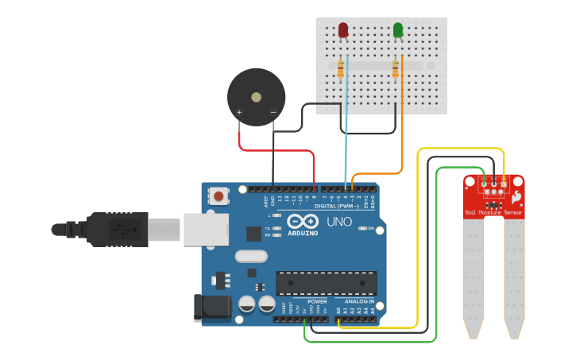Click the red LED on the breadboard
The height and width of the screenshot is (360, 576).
tap(343, 30)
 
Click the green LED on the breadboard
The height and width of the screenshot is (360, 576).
tap(398, 30)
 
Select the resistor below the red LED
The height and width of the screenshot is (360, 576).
tap(341, 69)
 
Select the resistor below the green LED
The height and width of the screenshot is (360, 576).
tap(395, 69)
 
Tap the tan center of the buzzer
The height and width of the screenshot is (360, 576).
tap(256, 97)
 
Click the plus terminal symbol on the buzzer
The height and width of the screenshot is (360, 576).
tap(239, 113)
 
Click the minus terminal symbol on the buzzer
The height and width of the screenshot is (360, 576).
tap(273, 113)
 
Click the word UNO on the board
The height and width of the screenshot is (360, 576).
tap(340, 222)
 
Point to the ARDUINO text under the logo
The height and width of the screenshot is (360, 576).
tap(302, 233)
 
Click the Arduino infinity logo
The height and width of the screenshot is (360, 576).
tap(302, 222)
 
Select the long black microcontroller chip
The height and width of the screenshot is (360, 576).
tap(326, 283)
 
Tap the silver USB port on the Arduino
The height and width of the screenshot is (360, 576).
tap(206, 229)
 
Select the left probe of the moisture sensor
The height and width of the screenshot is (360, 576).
tap(474, 274)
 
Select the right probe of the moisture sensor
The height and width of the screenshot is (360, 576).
tap(514, 274)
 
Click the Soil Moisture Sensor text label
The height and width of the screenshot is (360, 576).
tap(493, 213)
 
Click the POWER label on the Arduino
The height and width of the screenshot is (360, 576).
tap(318, 302)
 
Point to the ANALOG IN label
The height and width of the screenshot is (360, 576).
tap(359, 302)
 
